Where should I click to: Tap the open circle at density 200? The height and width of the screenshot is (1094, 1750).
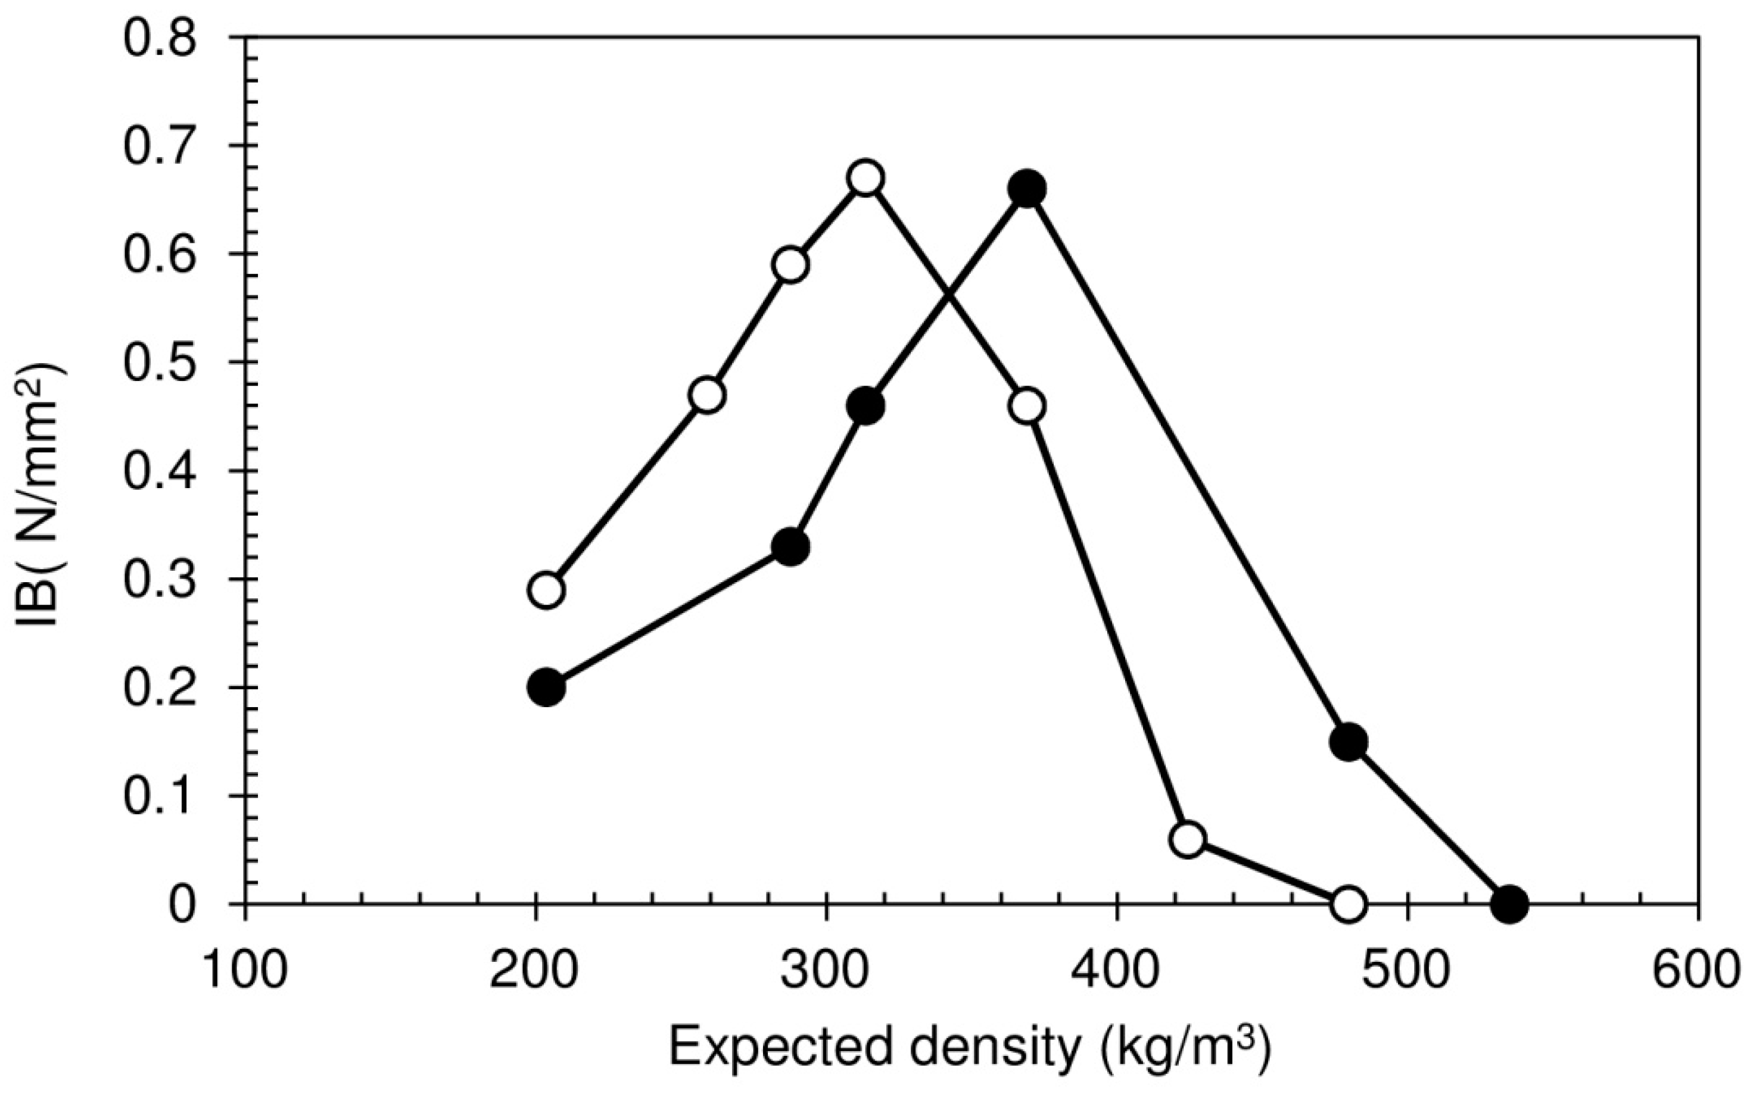[547, 590]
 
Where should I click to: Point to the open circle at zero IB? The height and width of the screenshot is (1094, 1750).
[1348, 903]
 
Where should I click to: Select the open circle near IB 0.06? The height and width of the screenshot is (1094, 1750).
[1188, 839]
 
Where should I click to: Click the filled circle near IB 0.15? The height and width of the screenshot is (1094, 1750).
[1348, 742]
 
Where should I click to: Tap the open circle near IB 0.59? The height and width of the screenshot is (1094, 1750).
[790, 265]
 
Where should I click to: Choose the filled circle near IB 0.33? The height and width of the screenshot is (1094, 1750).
[790, 547]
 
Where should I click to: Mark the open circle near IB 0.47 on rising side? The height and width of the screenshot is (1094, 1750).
[708, 395]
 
